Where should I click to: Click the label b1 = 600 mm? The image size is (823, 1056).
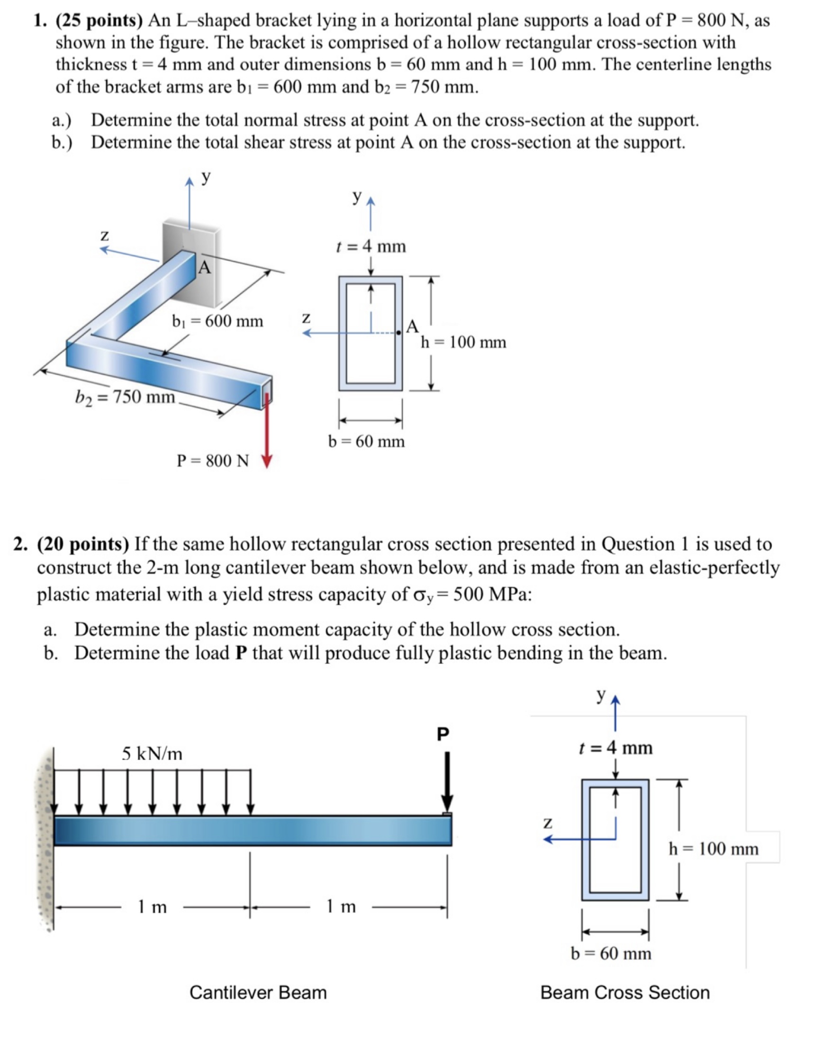(x=218, y=321)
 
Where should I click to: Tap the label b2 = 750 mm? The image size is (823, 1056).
(x=125, y=397)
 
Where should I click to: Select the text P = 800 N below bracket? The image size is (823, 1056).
(x=213, y=461)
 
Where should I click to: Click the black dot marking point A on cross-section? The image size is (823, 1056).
(x=398, y=333)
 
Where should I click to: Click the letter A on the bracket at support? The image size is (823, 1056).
(x=205, y=267)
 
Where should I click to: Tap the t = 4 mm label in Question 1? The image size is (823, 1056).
(x=371, y=247)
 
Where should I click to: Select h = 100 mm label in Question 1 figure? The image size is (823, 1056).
(x=463, y=343)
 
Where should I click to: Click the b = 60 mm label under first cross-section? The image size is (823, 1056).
(x=367, y=442)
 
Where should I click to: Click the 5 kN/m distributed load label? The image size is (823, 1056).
(x=152, y=753)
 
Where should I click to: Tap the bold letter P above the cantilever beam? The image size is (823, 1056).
(x=443, y=734)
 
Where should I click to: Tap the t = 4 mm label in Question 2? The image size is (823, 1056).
(x=615, y=748)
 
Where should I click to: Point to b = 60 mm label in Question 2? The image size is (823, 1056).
(x=611, y=954)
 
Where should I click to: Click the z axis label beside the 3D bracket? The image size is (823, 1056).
(x=104, y=236)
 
